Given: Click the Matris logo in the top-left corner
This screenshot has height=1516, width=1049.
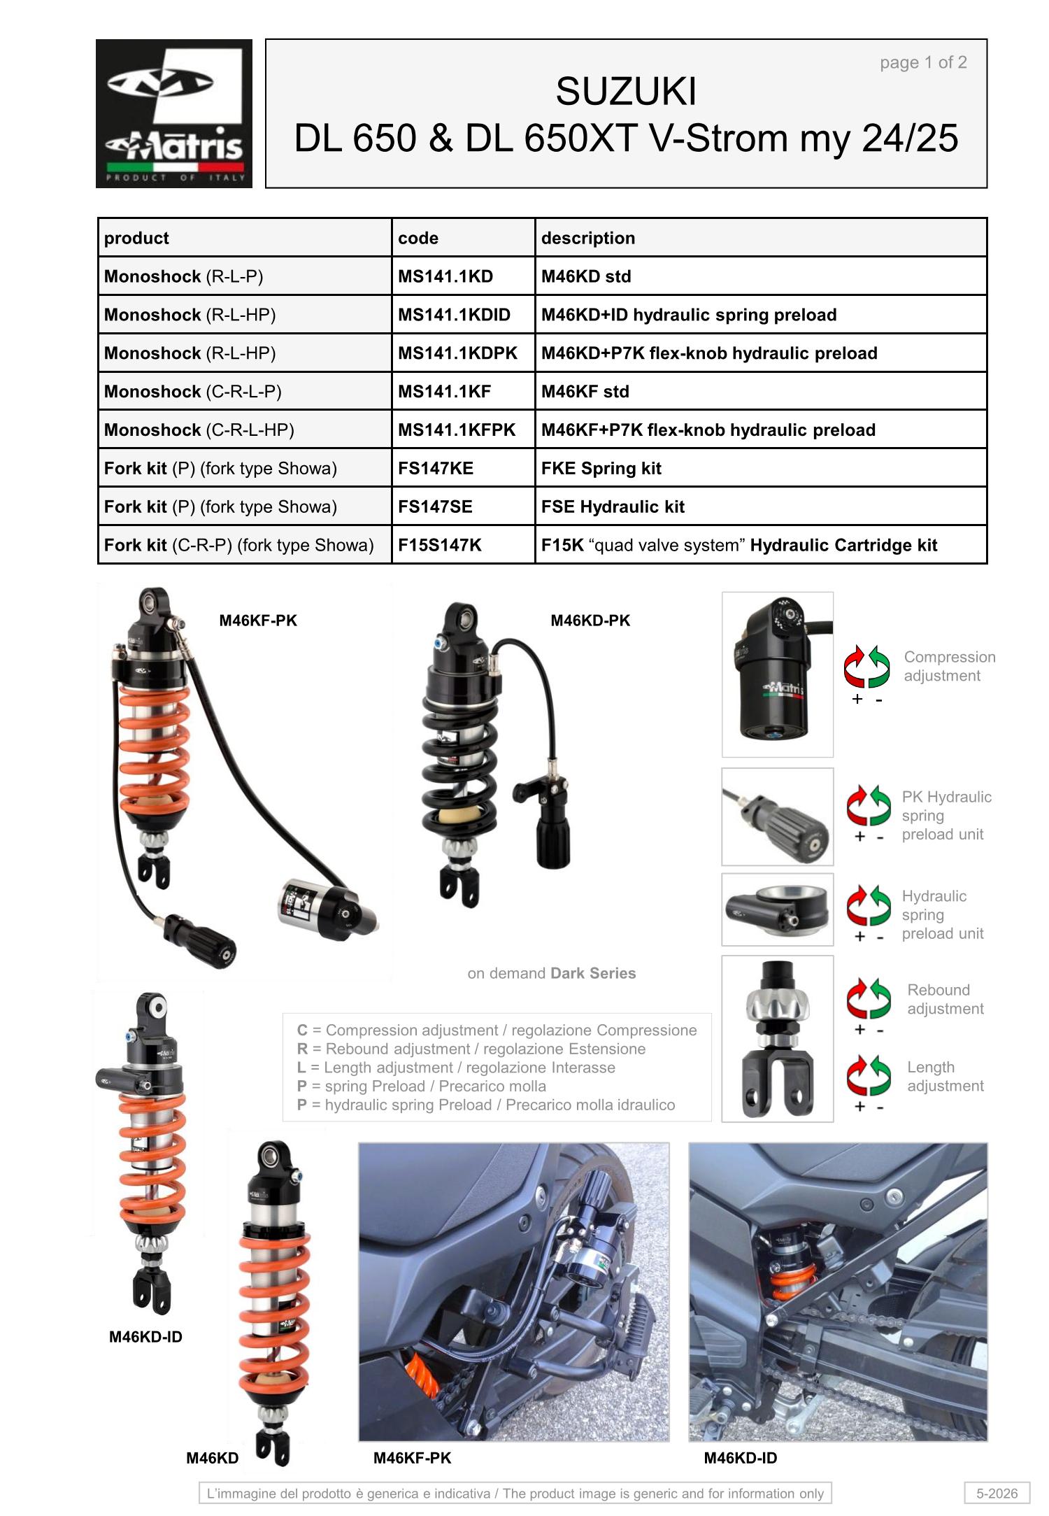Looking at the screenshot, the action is click(x=174, y=113).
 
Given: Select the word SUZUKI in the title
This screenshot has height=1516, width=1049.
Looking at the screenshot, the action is click(x=626, y=92).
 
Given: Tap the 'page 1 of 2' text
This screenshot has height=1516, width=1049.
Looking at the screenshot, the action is click(x=923, y=62).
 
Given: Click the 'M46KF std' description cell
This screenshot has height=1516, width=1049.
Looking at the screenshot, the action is click(x=761, y=392).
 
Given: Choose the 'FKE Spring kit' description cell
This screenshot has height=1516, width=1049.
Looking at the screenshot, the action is click(x=761, y=468).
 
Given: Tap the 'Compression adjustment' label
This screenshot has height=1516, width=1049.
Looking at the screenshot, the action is click(x=949, y=666).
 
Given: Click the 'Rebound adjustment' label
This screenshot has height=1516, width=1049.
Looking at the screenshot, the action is click(x=945, y=999).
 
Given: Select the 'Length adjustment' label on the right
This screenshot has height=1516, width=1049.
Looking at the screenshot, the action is click(x=945, y=1076).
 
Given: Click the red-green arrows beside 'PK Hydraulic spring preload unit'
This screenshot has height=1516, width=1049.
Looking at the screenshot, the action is click(x=869, y=806).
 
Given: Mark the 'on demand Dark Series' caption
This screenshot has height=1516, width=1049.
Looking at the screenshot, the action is click(x=552, y=973).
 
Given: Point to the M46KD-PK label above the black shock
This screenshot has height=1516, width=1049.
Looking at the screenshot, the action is click(x=590, y=621).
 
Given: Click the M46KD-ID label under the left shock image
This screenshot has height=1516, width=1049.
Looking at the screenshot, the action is click(x=145, y=1337).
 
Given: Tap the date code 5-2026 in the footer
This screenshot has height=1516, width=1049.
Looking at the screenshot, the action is click(x=997, y=1493).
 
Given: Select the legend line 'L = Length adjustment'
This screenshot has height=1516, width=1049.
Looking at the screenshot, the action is click(x=456, y=1068).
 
